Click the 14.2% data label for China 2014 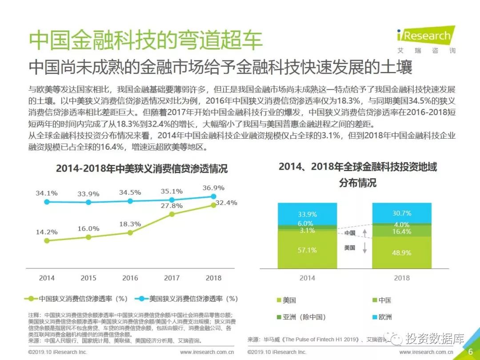(47, 232)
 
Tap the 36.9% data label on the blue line (213, 188)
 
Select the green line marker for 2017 (172, 214)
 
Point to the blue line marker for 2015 (88, 202)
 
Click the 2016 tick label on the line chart (130, 278)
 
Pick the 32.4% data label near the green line (226, 203)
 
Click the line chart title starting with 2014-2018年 (142, 169)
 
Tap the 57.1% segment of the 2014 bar (307, 250)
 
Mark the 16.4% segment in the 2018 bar (402, 232)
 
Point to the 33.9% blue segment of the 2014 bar (307, 214)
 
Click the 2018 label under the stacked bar (402, 278)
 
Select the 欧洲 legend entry (385, 317)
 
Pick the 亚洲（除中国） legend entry (304, 317)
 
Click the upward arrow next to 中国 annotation (364, 232)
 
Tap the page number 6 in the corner (470, 352)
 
